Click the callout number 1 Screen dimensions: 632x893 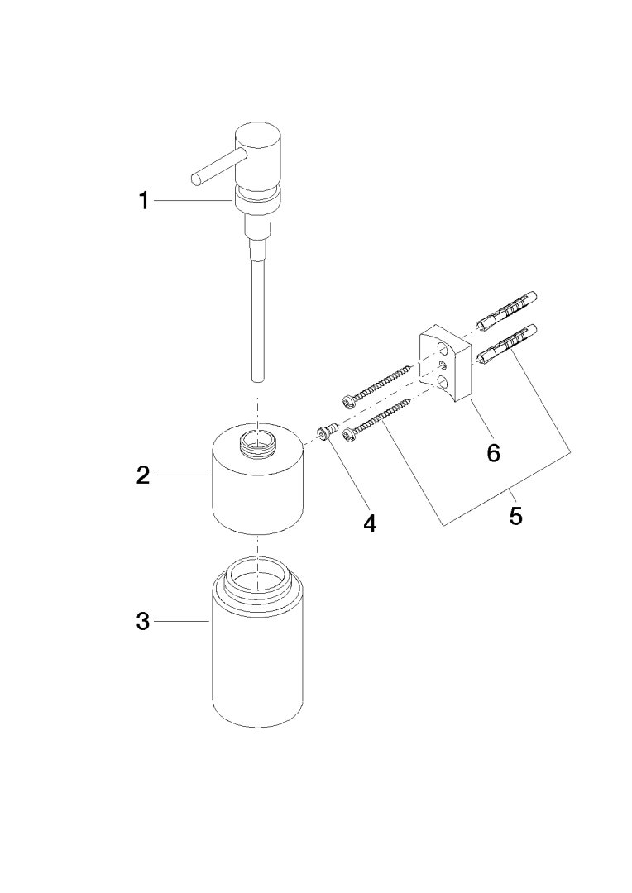click(x=145, y=200)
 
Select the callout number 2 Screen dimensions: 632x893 click(x=143, y=475)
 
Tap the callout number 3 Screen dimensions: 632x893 click(x=143, y=621)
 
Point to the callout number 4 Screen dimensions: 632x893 click(x=370, y=523)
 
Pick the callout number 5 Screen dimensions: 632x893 click(x=515, y=516)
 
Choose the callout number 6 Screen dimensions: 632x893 click(x=494, y=453)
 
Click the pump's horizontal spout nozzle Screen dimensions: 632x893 click(x=213, y=166)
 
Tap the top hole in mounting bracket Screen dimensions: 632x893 click(x=443, y=346)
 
